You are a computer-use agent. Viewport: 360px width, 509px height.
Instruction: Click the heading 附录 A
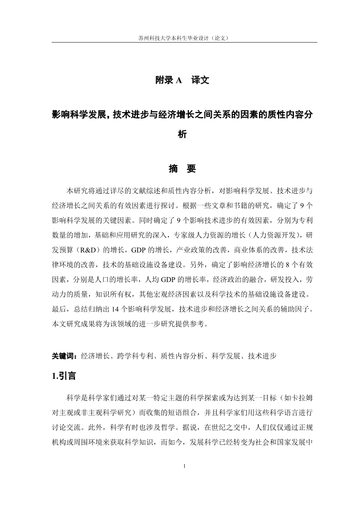click(168, 80)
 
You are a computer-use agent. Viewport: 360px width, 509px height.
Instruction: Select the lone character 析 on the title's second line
click(182, 135)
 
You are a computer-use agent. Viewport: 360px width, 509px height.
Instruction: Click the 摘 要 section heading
click(182, 169)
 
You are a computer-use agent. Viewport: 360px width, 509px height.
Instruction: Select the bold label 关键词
click(63, 355)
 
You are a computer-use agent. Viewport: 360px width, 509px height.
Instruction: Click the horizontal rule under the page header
click(184, 42)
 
